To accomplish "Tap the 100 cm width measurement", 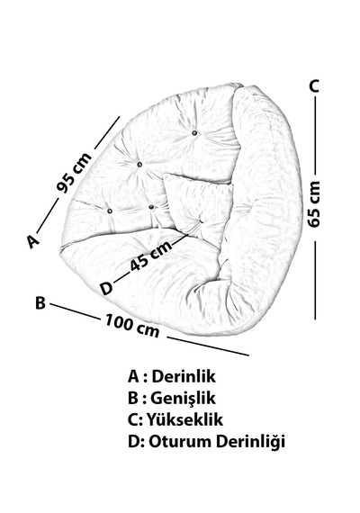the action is [x=132, y=325].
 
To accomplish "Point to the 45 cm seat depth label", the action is [x=151, y=256].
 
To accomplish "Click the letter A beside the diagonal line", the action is [x=33, y=241].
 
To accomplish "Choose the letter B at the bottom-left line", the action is [x=40, y=302].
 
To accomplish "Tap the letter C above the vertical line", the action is [x=314, y=85].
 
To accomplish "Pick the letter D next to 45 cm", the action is [x=106, y=289].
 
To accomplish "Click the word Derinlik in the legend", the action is [x=184, y=376].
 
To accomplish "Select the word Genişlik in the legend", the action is [x=183, y=398].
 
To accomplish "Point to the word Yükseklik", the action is [x=184, y=419].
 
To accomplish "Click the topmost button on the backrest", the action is [x=194, y=133].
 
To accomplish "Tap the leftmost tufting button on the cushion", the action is [x=110, y=211].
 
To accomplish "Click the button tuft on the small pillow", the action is [x=201, y=221].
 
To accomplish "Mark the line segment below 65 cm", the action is [x=315, y=280].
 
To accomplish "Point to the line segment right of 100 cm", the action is [x=208, y=346].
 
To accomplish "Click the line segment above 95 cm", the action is [x=107, y=133].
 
